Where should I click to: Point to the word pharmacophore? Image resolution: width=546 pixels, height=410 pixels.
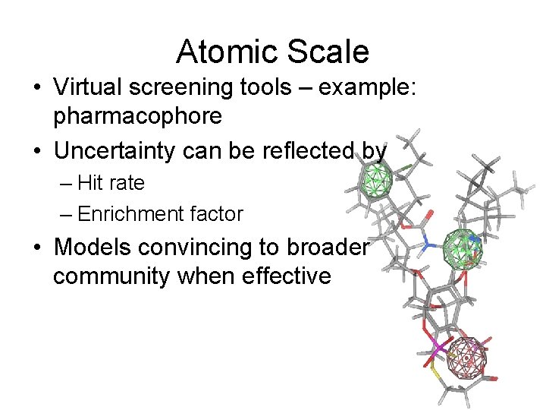pos(137,116)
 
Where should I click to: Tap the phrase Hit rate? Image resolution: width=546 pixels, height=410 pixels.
pos(111,183)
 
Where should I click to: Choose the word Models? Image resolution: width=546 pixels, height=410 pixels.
pos(90,247)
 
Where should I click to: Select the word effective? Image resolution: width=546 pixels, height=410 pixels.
pos(286,276)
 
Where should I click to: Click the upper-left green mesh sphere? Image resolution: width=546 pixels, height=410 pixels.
pos(375,183)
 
